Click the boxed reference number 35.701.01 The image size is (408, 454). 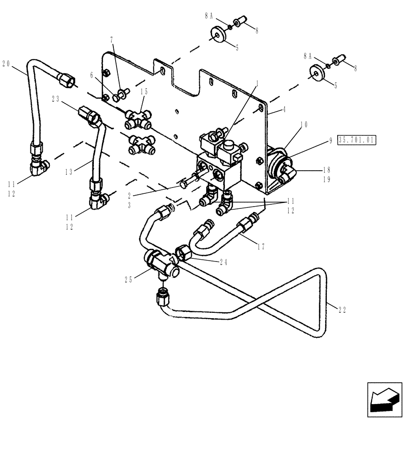click(x=357, y=140)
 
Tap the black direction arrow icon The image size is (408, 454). click(x=384, y=400)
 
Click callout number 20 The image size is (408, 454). click(x=6, y=64)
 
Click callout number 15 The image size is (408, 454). click(x=144, y=91)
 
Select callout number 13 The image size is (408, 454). click(x=69, y=172)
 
